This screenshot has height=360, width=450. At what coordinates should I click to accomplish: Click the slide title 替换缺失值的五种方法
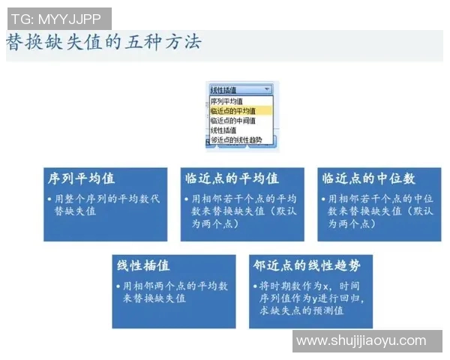(103, 42)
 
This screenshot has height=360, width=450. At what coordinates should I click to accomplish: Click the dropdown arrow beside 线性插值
(268, 89)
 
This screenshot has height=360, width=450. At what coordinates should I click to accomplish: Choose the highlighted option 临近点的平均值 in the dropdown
(232, 111)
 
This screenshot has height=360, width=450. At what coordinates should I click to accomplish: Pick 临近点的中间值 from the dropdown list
(232, 120)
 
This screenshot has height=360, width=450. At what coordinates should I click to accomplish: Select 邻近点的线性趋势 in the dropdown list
(236, 139)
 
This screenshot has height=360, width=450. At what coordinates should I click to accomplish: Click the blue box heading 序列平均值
(81, 179)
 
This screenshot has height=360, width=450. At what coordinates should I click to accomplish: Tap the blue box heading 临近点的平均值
(232, 179)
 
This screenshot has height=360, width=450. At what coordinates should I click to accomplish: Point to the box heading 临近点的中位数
(368, 179)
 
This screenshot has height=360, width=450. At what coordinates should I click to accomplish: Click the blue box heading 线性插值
(143, 266)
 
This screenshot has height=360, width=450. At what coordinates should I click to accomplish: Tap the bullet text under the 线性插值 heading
(174, 292)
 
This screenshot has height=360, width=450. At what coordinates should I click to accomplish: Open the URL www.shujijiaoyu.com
(361, 340)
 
